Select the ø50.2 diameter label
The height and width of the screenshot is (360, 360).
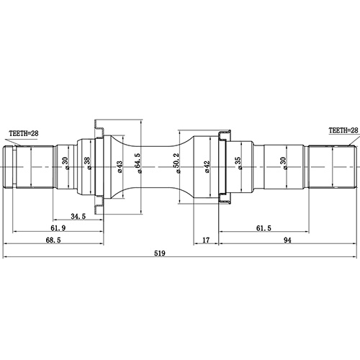point(178,166)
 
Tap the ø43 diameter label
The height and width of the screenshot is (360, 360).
point(120,166)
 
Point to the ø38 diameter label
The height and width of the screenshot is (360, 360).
point(87,165)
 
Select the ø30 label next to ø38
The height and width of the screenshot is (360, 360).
point(66,165)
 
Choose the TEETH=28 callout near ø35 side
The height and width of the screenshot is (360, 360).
point(343,130)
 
